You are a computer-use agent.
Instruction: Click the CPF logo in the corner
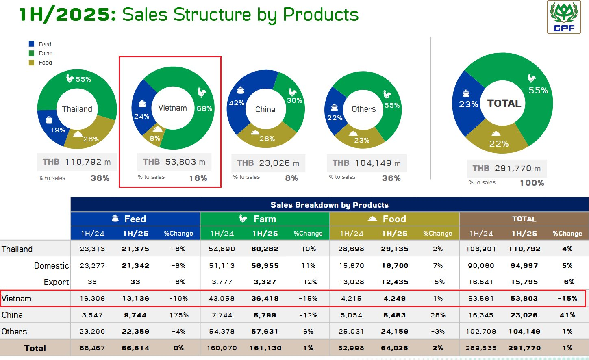tap(564, 17)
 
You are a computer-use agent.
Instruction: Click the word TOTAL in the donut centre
tap(504, 104)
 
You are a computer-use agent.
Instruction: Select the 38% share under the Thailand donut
tap(100, 178)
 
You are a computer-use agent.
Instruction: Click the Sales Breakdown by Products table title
tap(329, 205)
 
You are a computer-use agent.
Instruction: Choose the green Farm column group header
tap(265, 219)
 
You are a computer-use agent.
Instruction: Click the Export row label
tap(56, 282)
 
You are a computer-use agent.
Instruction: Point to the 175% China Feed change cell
tap(179, 315)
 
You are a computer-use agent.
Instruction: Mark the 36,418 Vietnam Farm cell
tap(265, 298)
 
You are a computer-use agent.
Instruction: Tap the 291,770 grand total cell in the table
tap(524, 348)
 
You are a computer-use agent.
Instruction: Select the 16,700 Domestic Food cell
tap(395, 266)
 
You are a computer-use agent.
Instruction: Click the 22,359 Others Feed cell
tap(135, 332)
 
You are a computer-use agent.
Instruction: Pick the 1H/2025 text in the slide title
tap(67, 15)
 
